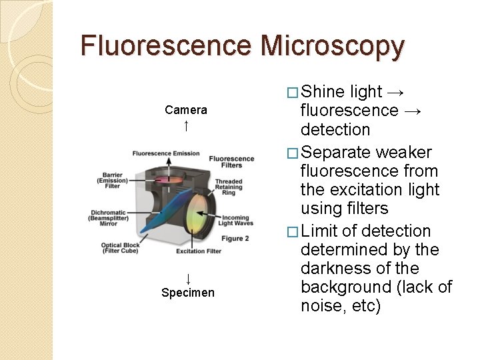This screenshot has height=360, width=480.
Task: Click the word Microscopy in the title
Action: tap(333, 46)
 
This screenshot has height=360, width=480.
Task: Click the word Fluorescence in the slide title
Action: tap(166, 46)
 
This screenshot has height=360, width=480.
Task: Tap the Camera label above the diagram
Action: tap(186, 110)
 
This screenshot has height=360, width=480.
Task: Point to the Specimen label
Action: tap(188, 293)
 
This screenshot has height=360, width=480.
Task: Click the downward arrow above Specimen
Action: tap(188, 278)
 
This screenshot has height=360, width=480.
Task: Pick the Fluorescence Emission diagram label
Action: tap(165, 154)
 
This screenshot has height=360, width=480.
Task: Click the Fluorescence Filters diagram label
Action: tap(231, 162)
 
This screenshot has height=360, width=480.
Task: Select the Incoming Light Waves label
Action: tap(235, 221)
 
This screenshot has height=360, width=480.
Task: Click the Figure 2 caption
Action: tap(235, 239)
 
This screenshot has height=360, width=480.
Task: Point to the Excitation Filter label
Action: tap(199, 251)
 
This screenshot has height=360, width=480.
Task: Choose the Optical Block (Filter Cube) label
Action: tap(121, 248)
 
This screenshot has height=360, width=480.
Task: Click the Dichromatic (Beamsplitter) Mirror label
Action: tap(109, 219)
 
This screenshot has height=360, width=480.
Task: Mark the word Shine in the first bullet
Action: tap(324, 92)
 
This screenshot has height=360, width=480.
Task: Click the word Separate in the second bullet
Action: tap(336, 153)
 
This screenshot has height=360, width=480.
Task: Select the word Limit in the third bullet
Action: tap(320, 231)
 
